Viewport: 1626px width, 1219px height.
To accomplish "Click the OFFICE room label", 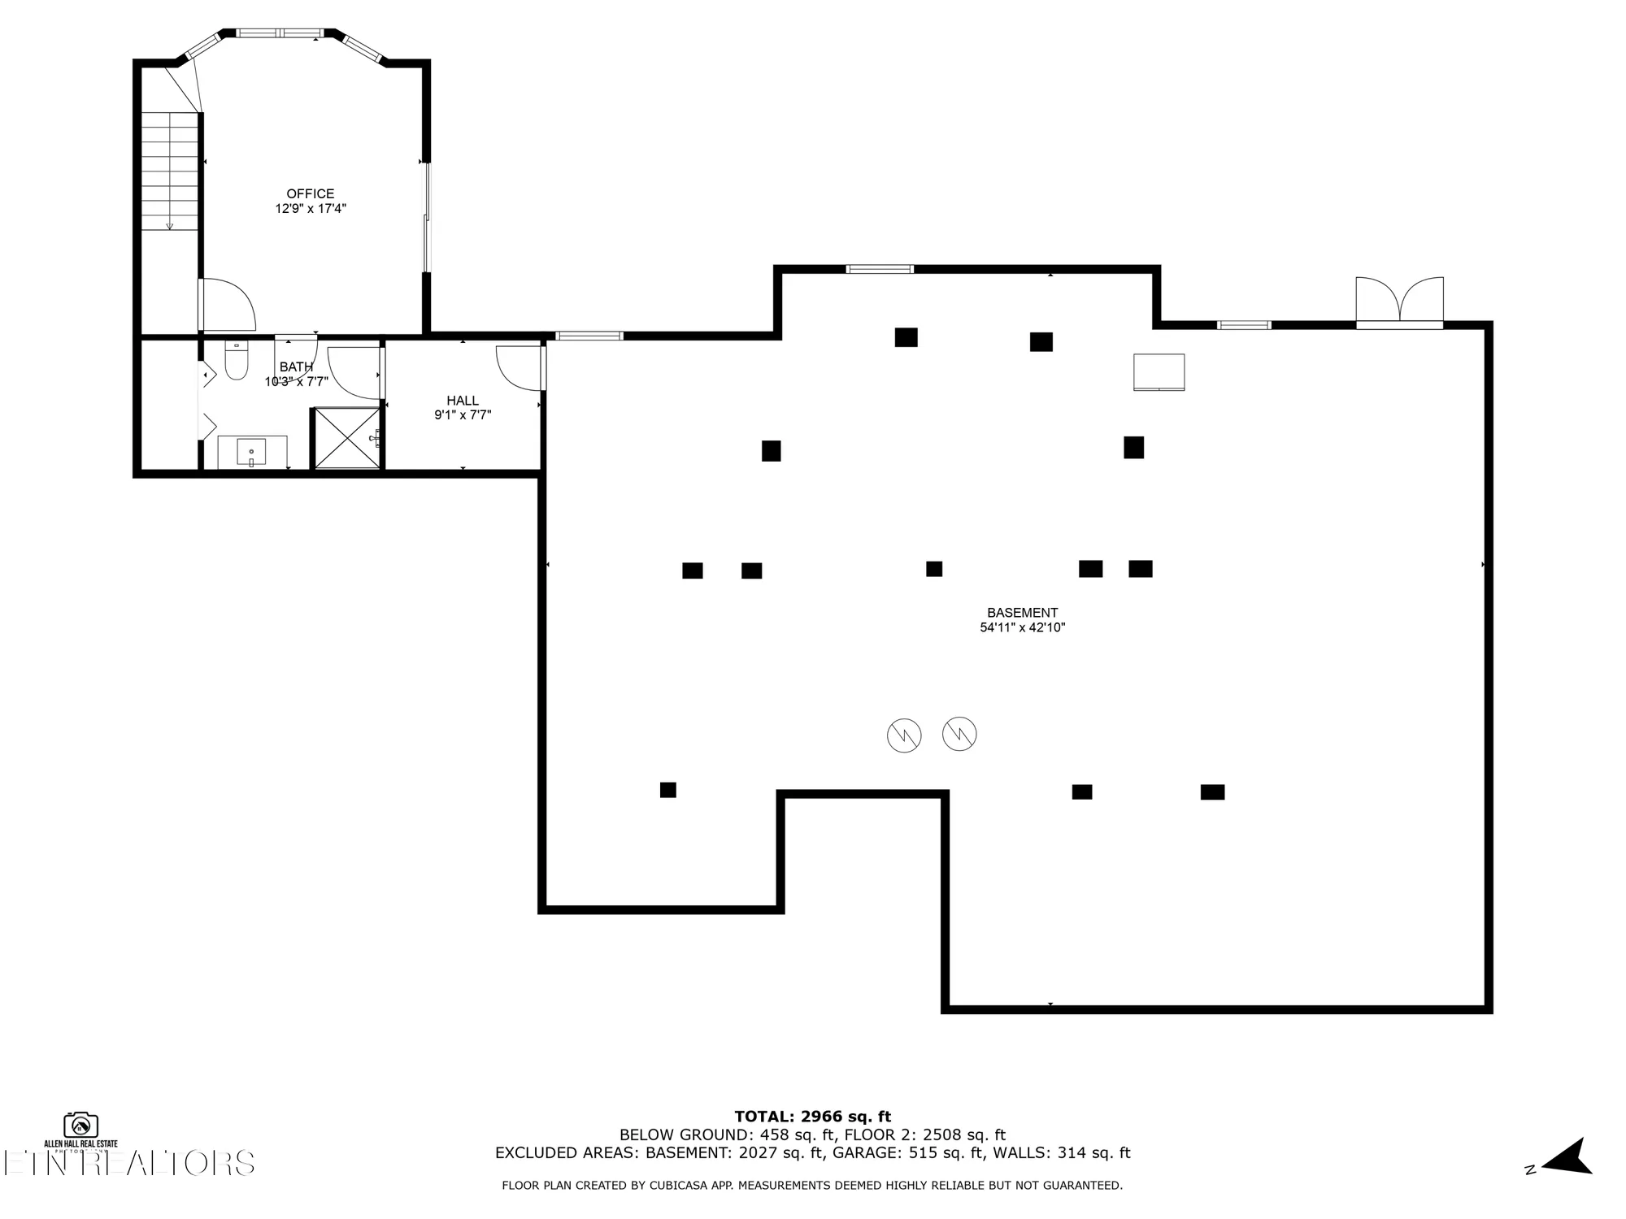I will pyautogui.click(x=310, y=193).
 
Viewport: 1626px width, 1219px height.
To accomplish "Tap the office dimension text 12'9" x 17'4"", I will pyautogui.click(x=310, y=209).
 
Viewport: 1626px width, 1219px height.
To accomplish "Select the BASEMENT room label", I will pyautogui.click(x=1022, y=613).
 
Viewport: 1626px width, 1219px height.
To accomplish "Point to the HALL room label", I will pyautogui.click(x=462, y=401).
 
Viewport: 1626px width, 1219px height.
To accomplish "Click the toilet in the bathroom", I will pyautogui.click(x=236, y=363).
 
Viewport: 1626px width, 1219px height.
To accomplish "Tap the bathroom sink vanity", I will pyautogui.click(x=251, y=451).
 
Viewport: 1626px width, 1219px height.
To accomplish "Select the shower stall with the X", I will pyautogui.click(x=347, y=438).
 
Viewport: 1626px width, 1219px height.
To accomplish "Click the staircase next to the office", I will pyautogui.click(x=170, y=171).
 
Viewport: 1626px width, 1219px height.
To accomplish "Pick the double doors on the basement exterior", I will pyautogui.click(x=1399, y=303).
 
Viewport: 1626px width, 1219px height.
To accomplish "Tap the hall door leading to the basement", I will pyautogui.click(x=520, y=367).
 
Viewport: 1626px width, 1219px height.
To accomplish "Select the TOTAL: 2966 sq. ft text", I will pyautogui.click(x=812, y=1117).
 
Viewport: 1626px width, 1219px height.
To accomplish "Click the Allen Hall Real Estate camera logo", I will pyautogui.click(x=80, y=1126).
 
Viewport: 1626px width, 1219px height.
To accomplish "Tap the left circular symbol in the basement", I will pyautogui.click(x=903, y=735).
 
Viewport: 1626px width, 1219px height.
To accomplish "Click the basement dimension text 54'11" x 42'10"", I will pyautogui.click(x=1022, y=627).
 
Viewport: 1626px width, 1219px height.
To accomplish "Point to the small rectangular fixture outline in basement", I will pyautogui.click(x=1159, y=372).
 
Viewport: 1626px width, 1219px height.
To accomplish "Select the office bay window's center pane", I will pyautogui.click(x=279, y=33).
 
